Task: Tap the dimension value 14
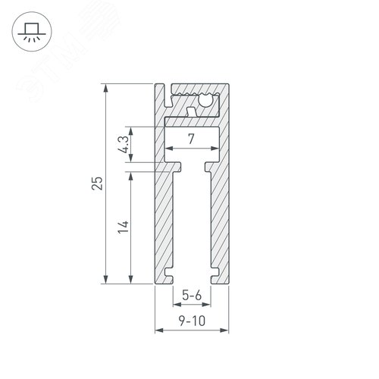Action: pos(124,226)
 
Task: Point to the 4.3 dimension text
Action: pos(124,144)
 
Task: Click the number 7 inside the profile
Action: pos(192,139)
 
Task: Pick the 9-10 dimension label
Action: pos(192,321)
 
